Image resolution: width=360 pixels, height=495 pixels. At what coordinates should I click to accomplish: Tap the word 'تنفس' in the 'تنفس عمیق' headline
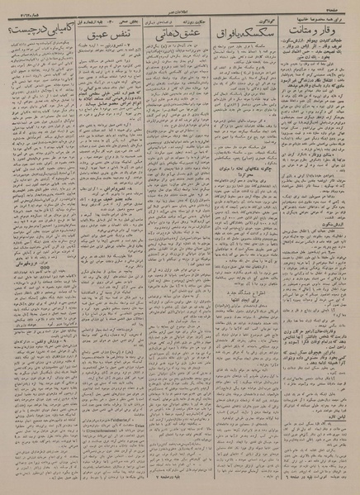pyautogui.click(x=116, y=36)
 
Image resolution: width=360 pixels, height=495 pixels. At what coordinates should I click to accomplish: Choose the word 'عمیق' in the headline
pyautogui.click(x=91, y=36)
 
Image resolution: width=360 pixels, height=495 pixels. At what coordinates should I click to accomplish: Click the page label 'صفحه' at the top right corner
pyautogui.click(x=344, y=5)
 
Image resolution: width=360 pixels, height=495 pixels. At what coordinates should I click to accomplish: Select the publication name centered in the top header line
pyautogui.click(x=180, y=5)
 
